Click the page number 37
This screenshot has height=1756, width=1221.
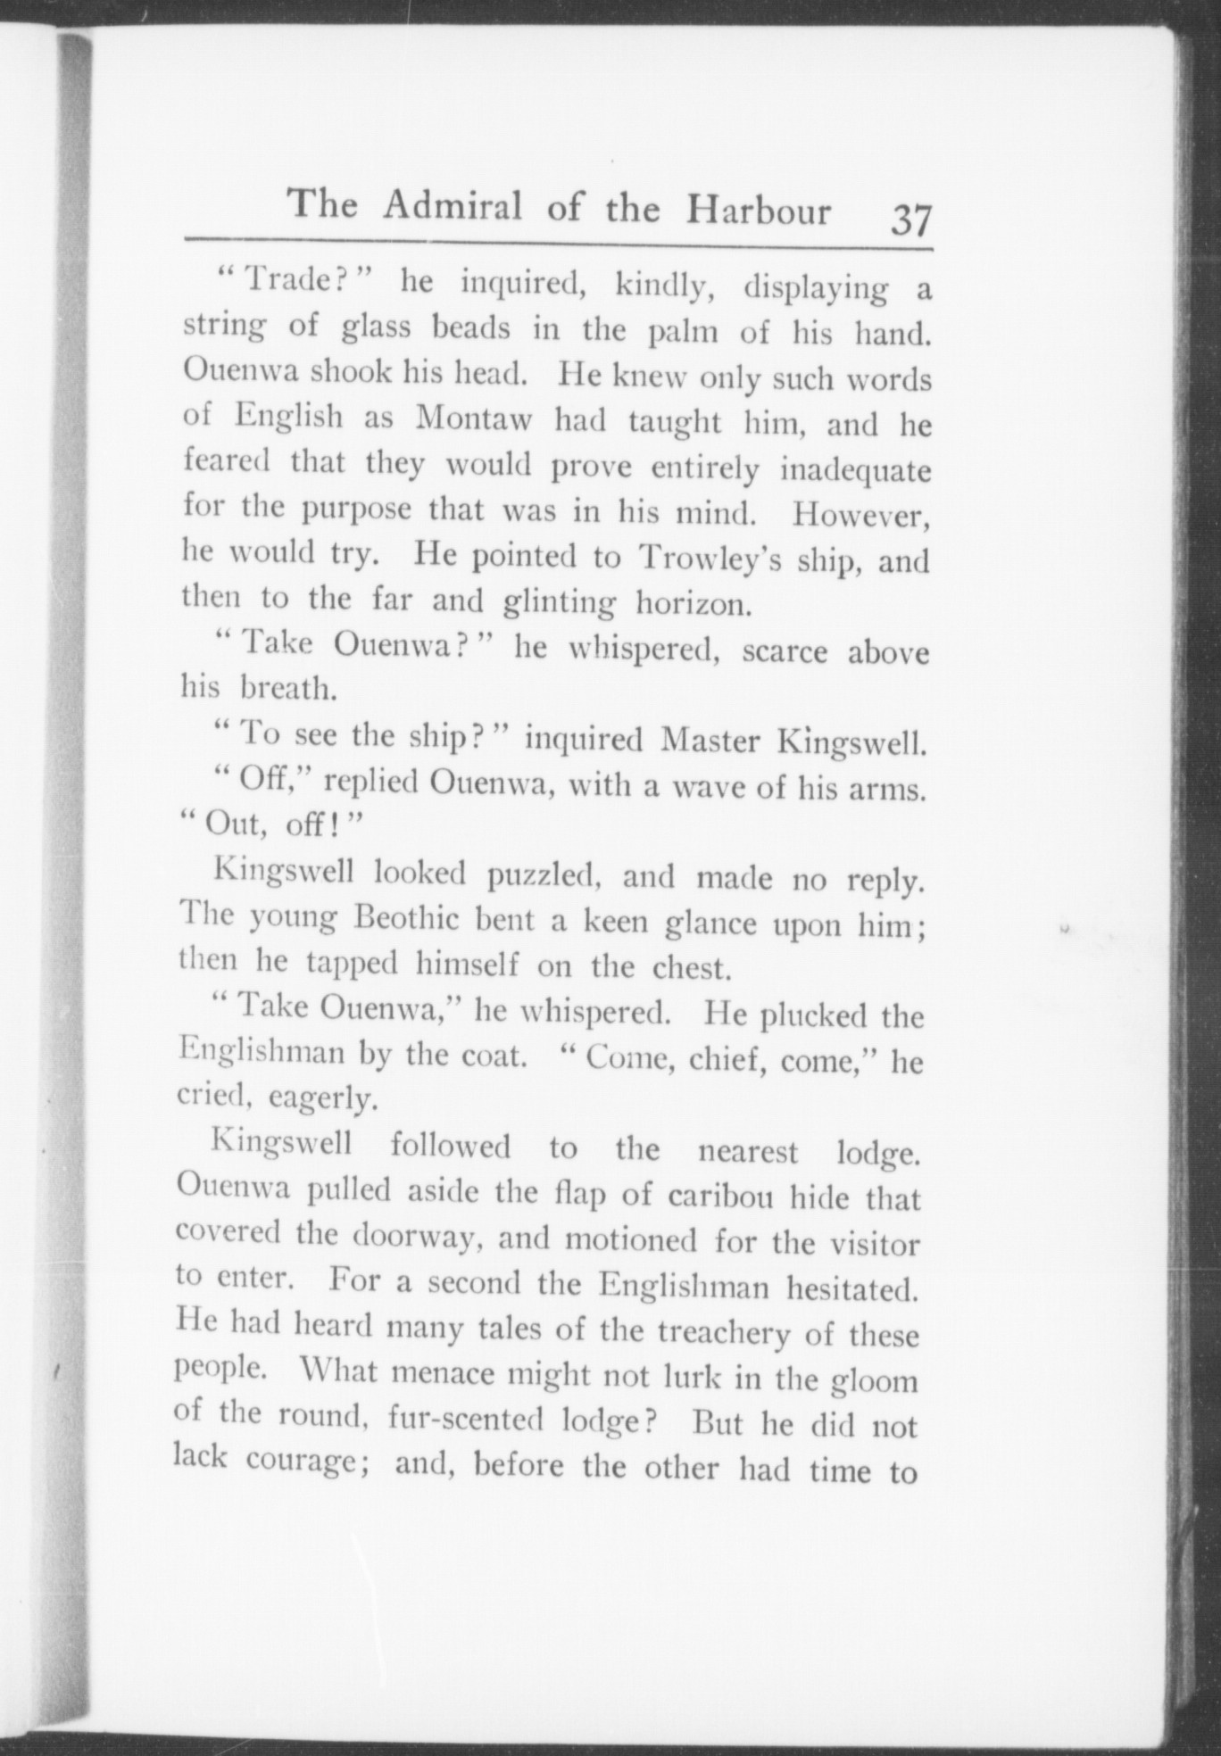[x=910, y=219]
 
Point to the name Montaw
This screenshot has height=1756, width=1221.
[x=473, y=419]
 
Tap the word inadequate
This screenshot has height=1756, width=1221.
[x=854, y=469]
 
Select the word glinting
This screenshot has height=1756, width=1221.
[x=558, y=603]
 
